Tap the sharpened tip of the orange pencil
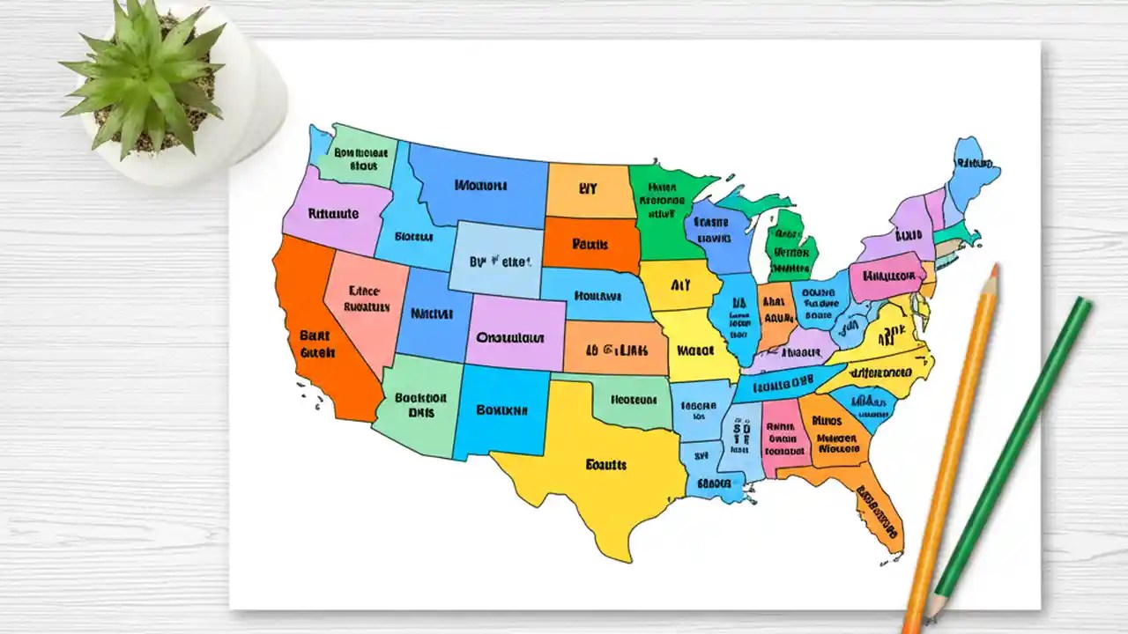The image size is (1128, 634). click(x=994, y=269)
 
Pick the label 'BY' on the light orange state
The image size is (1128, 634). click(x=588, y=188)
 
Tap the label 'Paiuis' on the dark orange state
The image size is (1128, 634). click(x=590, y=244)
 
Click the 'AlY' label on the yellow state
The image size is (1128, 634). click(x=679, y=285)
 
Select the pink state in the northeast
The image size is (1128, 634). click(x=886, y=276)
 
